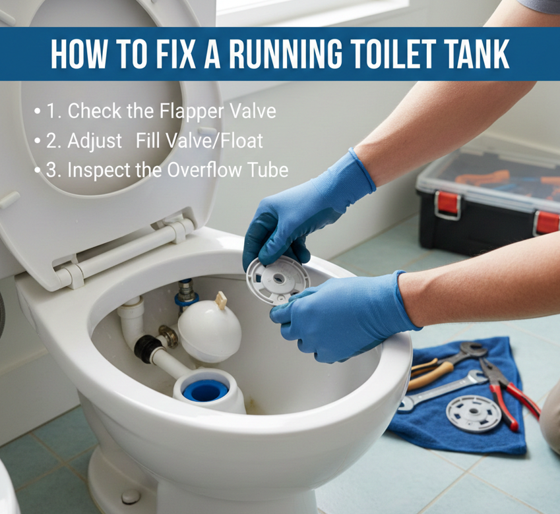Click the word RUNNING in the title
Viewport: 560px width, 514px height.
(286, 54)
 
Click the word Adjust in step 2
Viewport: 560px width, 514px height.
(94, 141)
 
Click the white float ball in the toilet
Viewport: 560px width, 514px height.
(210, 331)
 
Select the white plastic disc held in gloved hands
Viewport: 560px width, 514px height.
(278, 281)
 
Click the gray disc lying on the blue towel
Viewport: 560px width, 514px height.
(474, 414)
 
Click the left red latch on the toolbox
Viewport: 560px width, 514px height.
(448, 205)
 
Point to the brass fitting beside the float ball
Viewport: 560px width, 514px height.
(169, 336)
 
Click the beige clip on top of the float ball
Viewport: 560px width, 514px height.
(221, 300)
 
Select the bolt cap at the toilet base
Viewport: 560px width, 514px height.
(131, 496)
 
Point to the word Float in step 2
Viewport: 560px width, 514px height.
(242, 140)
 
